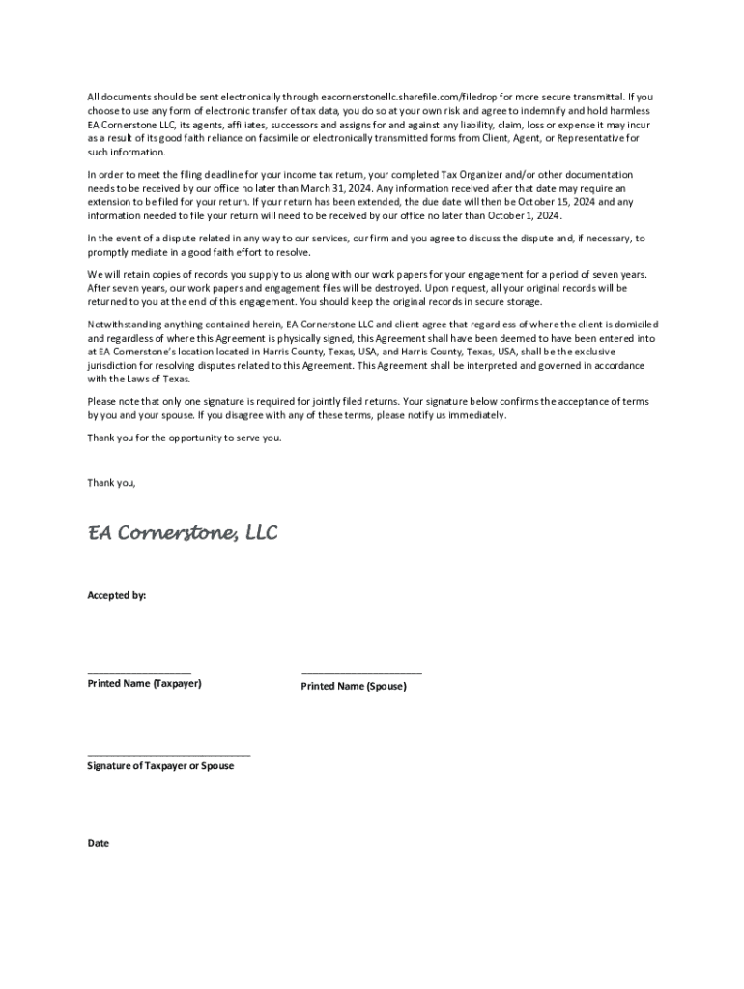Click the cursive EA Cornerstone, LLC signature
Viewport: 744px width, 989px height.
click(183, 532)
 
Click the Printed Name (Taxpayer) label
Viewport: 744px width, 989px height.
click(145, 684)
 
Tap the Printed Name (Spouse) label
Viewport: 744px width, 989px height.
click(354, 686)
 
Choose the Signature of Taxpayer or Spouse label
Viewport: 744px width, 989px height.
click(160, 765)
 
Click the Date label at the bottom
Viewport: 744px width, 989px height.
click(99, 843)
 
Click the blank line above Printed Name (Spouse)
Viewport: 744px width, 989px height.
click(361, 672)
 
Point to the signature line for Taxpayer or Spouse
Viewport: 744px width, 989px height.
click(169, 753)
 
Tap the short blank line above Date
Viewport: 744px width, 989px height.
click(123, 832)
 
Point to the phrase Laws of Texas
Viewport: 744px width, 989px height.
click(143, 379)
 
